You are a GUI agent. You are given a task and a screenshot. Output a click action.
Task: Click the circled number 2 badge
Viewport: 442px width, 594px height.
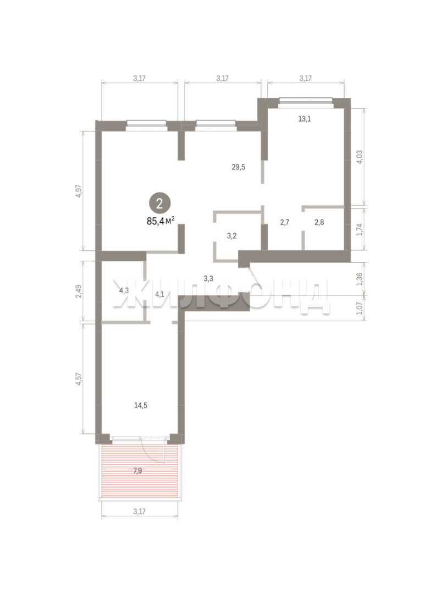point(159,204)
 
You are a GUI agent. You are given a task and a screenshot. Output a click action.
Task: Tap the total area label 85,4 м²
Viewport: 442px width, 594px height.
point(161,221)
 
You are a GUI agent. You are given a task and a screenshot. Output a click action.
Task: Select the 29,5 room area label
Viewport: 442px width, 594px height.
point(238,167)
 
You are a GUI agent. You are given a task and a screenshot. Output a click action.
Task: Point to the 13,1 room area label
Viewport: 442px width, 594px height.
point(305,119)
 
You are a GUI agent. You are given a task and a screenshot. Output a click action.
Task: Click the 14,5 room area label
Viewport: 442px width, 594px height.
point(141,406)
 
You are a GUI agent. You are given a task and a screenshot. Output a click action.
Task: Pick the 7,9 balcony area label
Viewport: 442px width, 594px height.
point(137,471)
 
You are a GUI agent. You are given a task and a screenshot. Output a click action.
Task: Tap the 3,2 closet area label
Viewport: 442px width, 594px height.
point(232,236)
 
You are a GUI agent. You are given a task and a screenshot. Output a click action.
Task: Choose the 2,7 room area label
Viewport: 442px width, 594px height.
point(284,222)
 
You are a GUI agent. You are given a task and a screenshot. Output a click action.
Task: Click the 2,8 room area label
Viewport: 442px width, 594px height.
point(319,222)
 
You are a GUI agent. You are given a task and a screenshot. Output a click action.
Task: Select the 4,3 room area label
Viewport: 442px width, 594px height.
point(124,291)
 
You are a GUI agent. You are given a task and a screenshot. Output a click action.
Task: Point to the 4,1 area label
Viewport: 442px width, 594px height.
point(159,294)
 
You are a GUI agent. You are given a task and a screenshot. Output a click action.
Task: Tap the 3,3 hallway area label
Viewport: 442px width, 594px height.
point(208,279)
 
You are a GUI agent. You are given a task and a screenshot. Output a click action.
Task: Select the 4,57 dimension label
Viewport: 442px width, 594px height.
point(79,379)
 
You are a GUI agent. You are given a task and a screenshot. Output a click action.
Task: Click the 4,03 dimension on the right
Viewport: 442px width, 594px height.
point(360,157)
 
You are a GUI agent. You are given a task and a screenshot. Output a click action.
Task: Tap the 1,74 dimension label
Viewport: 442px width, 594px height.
point(360,230)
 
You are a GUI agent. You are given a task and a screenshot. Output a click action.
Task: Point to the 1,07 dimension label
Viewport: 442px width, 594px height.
point(360,307)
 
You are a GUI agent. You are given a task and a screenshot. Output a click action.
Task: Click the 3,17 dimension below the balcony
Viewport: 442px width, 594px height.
point(140,512)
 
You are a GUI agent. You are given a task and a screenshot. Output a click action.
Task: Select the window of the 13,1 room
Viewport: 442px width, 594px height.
point(305,101)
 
